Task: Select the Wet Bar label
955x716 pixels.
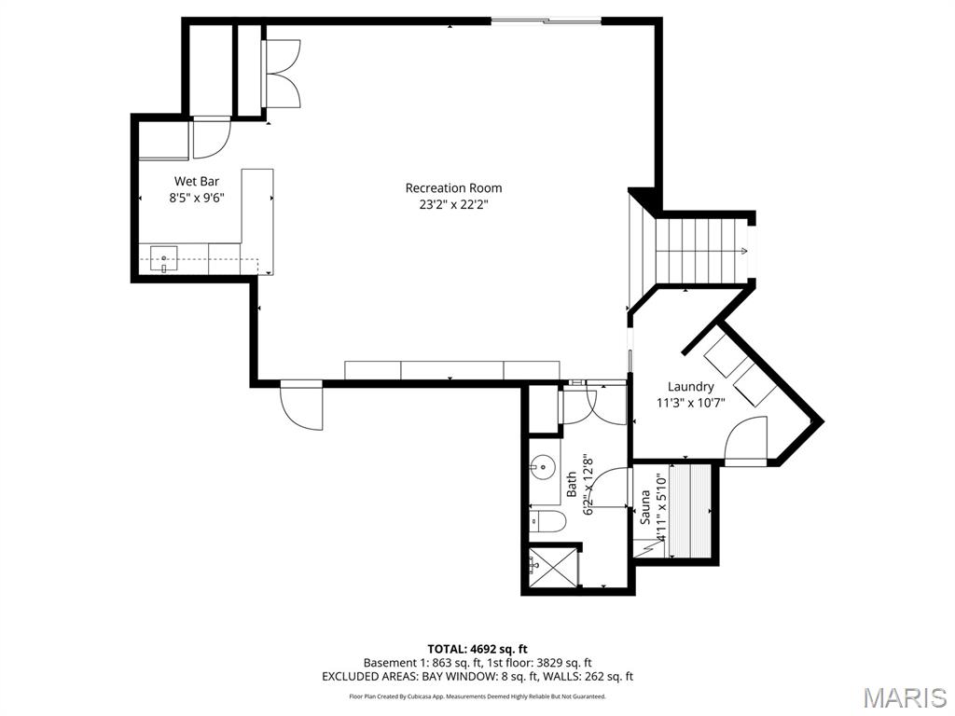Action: pos(196,181)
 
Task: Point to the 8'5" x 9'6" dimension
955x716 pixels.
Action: pos(196,198)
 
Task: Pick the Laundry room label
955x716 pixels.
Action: pos(690,386)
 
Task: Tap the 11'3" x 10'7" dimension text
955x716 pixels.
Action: pos(690,404)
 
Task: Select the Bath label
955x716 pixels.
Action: pos(572,484)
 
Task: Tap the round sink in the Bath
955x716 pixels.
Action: pos(543,466)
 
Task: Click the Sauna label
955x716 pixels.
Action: pos(644,507)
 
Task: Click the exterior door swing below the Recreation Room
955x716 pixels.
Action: pos(300,405)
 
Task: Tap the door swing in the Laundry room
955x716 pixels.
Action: pos(747,439)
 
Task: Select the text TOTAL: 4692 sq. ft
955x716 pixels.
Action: pos(477,648)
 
